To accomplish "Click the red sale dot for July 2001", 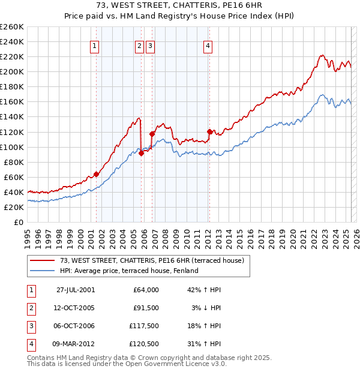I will pyautogui.click(x=96, y=174).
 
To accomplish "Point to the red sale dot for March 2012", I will pyautogui.click(x=209, y=131).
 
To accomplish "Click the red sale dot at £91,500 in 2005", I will pyautogui.click(x=142, y=153).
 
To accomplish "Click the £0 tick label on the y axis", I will pyautogui.click(x=19, y=222).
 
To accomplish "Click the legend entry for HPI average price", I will pyautogui.click(x=129, y=271).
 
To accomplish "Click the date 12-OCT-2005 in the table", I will pyautogui.click(x=75, y=308).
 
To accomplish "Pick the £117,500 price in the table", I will pyautogui.click(x=142, y=326).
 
